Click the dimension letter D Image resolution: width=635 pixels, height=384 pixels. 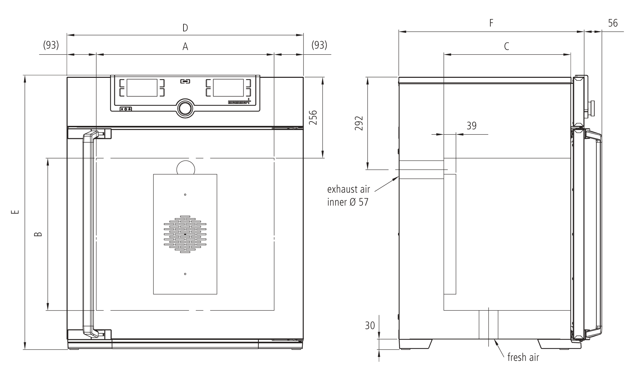click(x=185, y=28)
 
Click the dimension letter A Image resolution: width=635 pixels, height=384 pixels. click(x=185, y=47)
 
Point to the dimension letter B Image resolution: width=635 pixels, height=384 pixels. click(x=38, y=234)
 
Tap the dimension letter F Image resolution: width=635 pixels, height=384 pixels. click(x=491, y=23)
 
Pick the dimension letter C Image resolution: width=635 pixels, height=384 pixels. click(x=506, y=46)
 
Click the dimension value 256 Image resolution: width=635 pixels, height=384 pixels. click(x=313, y=118)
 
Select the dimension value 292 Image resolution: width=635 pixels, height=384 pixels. click(x=358, y=124)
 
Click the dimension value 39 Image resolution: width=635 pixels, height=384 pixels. click(x=471, y=126)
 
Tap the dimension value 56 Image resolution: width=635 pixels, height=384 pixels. click(x=613, y=23)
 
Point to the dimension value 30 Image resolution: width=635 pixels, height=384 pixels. click(x=370, y=325)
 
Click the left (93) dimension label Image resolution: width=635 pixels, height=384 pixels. click(x=51, y=45)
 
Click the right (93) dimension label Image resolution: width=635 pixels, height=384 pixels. click(x=319, y=45)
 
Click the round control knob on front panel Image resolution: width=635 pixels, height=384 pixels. click(x=185, y=108)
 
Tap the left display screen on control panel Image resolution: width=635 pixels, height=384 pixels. click(x=142, y=88)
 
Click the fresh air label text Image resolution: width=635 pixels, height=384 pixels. click(x=523, y=357)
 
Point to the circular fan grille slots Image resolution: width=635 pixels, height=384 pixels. click(x=185, y=234)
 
